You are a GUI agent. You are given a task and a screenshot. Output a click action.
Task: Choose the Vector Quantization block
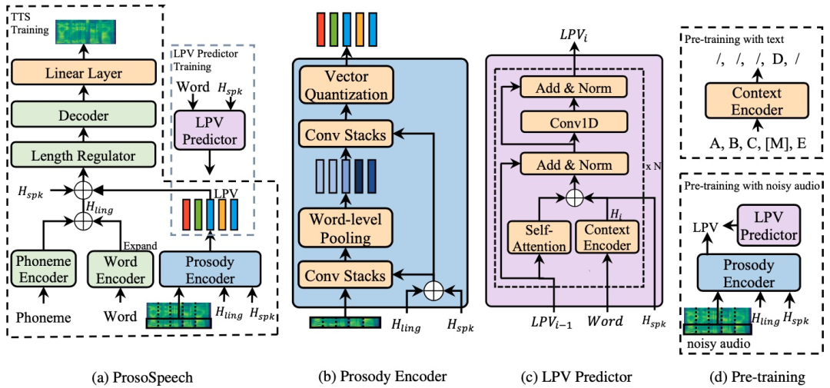pos(346,86)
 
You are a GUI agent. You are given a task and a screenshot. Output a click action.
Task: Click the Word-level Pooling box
pos(346,227)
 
